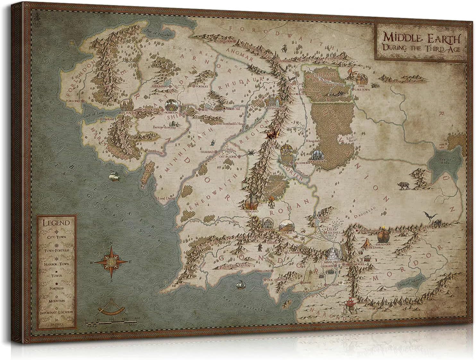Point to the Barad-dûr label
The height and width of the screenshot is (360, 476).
[x=383, y=243]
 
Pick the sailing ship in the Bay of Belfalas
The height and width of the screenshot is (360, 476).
[x=239, y=285]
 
